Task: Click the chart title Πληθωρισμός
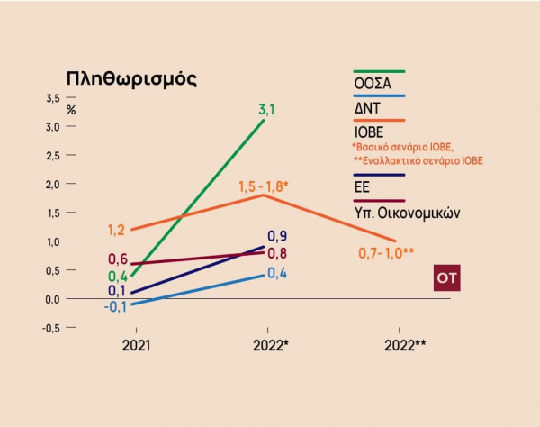coord(131,78)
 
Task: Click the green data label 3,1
coord(266,109)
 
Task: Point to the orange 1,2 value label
coord(117,231)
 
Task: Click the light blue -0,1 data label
coord(115,307)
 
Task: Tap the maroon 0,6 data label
coord(118,259)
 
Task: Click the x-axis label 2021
coord(136,345)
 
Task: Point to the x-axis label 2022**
coord(404,345)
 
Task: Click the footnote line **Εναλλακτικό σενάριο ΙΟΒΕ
coord(418,160)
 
